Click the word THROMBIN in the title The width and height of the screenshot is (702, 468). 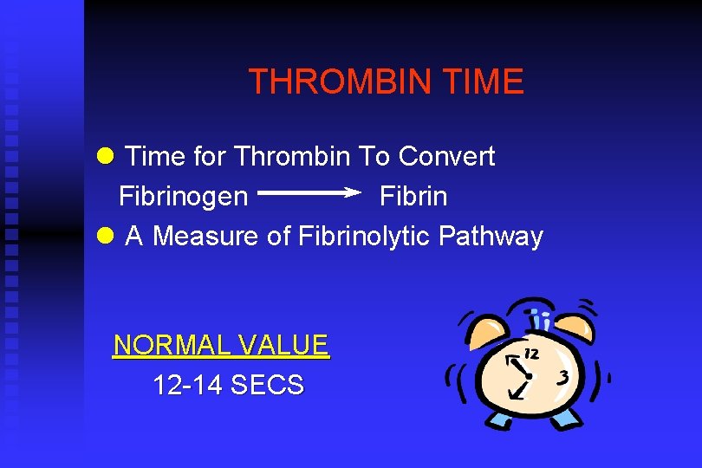(339, 82)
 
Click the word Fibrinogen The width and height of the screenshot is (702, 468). (183, 197)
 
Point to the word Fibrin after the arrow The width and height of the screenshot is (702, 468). (413, 197)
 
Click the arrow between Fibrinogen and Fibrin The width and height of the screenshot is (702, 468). (309, 194)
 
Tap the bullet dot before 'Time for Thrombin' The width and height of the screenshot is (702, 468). (106, 157)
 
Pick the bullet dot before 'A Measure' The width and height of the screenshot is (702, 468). (106, 236)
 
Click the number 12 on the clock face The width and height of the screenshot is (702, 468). (531, 353)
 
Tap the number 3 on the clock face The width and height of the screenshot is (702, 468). (564, 378)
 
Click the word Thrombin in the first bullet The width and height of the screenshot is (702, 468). (291, 157)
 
